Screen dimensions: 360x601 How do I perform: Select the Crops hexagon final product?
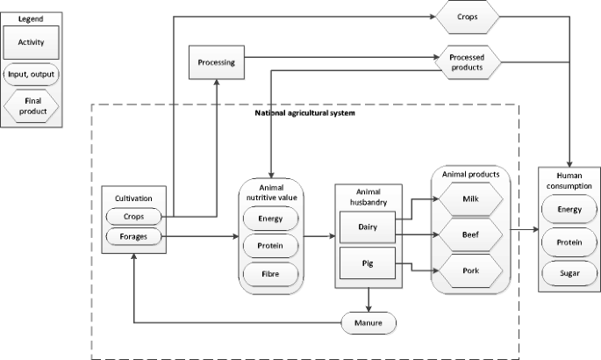[467, 17]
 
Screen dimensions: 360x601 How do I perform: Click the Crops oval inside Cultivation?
[133, 216]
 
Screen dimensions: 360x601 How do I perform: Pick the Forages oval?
[133, 236]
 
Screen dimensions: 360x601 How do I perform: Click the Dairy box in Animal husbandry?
[368, 227]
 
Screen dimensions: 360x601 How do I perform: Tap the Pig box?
[368, 262]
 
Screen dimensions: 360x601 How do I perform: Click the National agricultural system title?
[303, 114]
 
